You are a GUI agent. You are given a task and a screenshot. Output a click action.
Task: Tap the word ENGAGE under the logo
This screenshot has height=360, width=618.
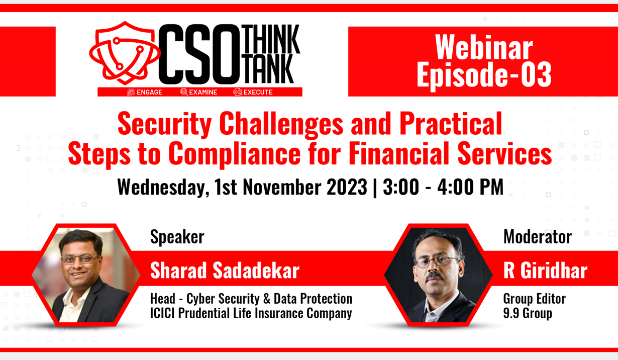point(149,92)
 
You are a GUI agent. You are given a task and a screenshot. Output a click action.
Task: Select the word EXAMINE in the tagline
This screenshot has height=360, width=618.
point(203,92)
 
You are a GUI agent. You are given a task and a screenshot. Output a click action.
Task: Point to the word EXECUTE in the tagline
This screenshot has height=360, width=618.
point(258,92)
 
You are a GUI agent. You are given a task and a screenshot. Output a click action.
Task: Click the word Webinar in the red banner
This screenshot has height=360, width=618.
point(483,48)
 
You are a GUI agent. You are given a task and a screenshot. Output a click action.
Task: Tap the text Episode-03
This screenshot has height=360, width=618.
point(484,75)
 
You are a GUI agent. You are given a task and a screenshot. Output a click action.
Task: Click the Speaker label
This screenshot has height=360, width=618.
point(177,237)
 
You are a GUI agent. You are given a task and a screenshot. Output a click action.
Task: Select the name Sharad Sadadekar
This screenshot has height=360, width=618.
point(225,271)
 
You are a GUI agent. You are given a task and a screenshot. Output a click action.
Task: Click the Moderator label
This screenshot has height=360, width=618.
point(538,237)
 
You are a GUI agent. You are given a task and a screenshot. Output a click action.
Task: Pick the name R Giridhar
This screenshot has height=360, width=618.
point(545,271)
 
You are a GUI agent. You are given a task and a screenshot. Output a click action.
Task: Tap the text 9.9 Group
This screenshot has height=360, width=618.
point(528,313)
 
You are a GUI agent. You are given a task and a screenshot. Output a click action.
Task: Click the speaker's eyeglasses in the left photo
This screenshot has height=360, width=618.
point(80,259)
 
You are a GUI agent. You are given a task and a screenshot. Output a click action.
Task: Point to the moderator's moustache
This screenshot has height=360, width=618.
point(435,276)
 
